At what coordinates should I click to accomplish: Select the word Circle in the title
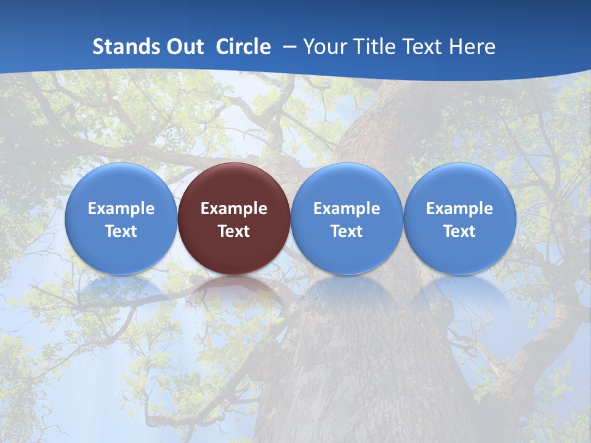243,47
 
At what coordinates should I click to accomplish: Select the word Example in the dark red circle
234,209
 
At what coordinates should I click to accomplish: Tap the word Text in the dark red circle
234,231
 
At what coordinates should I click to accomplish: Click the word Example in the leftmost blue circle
121,209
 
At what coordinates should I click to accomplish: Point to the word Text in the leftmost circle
121,231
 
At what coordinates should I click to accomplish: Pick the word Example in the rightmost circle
459,209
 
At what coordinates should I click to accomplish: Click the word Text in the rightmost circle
459,231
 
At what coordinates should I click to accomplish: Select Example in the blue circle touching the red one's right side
347,209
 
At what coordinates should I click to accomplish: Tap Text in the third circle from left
347,231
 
